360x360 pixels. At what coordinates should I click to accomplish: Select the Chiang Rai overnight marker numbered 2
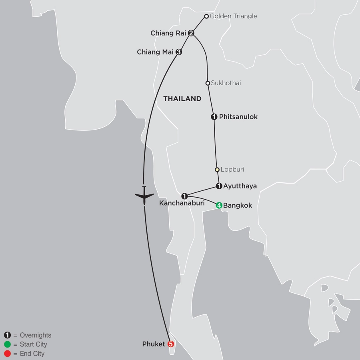tap(191, 33)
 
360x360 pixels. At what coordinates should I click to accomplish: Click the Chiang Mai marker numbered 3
tap(179, 52)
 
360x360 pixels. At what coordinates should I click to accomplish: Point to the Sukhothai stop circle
tap(208, 83)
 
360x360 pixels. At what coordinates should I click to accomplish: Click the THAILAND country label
tap(182, 99)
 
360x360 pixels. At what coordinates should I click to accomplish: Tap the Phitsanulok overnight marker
tap(214, 117)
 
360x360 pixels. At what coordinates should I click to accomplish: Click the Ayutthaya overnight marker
tap(219, 186)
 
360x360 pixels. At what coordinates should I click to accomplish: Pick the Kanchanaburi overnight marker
tap(184, 196)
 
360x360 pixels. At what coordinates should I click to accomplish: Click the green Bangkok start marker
tap(219, 206)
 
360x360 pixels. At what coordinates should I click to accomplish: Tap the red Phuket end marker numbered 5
tap(171, 344)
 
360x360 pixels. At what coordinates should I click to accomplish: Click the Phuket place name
tap(154, 344)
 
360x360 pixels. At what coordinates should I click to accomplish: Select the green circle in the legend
tap(7, 344)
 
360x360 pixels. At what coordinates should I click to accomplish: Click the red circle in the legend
tap(7, 354)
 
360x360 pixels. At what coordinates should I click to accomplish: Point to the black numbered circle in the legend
tap(7, 335)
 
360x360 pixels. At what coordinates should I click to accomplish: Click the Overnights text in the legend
tap(36, 335)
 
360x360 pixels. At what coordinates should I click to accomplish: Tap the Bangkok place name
tap(238, 206)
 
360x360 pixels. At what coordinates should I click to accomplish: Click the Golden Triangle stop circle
tap(206, 16)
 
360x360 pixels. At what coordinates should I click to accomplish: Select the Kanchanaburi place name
tap(182, 204)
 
